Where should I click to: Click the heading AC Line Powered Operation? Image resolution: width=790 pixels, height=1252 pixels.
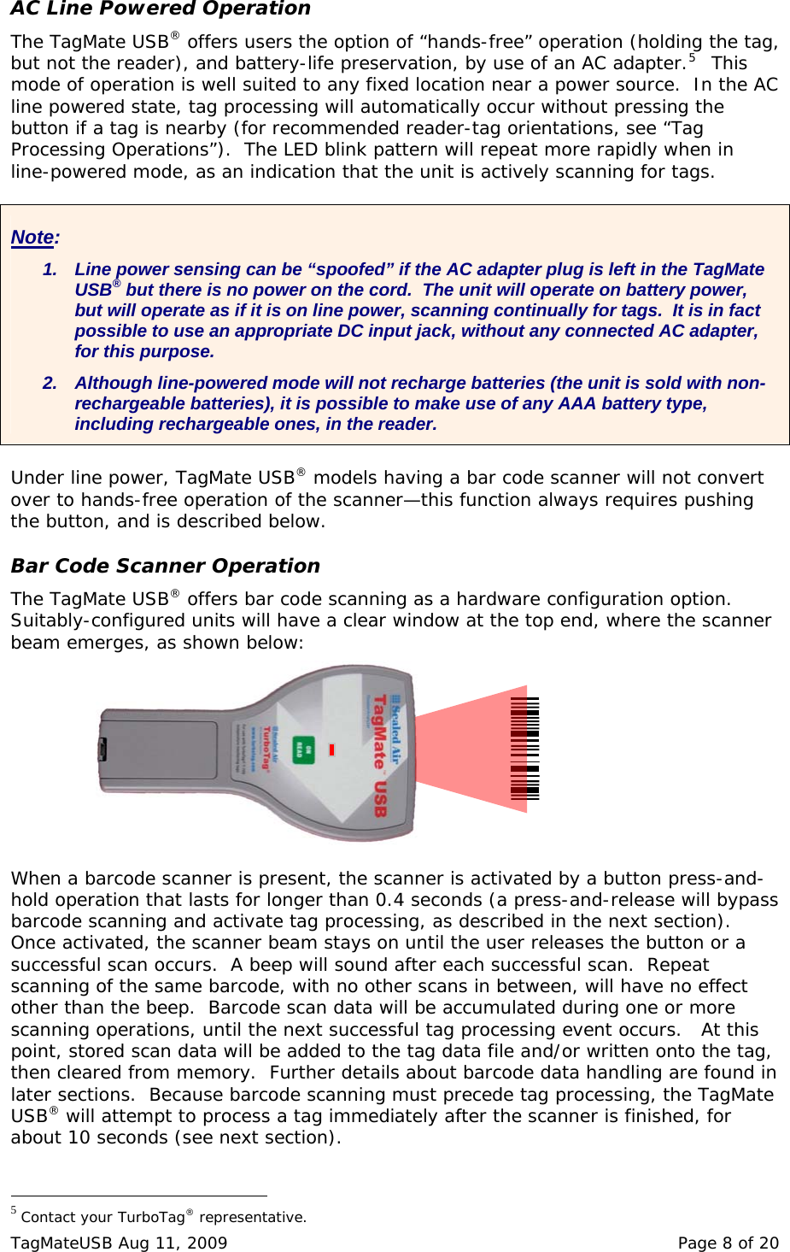pos(161,9)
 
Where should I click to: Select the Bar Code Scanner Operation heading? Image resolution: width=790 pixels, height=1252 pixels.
pos(165,566)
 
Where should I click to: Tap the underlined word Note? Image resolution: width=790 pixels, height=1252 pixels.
pos(32,238)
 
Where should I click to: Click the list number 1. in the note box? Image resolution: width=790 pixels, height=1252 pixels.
pos(50,269)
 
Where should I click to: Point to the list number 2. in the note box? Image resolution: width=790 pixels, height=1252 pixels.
pos(50,383)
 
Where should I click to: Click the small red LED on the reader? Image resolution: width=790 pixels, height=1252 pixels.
pos(331,749)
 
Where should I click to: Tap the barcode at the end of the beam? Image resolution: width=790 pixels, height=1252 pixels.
pos(524,748)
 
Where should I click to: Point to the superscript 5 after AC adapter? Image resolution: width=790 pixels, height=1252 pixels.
pos(692,58)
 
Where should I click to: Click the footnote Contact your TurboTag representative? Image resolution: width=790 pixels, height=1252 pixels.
pos(162,1217)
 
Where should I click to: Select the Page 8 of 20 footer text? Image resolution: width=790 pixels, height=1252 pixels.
pos(728,1243)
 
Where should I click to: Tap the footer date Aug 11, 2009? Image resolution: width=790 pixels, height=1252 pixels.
pos(173,1243)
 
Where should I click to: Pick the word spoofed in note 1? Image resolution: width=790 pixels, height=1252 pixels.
pos(350,269)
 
